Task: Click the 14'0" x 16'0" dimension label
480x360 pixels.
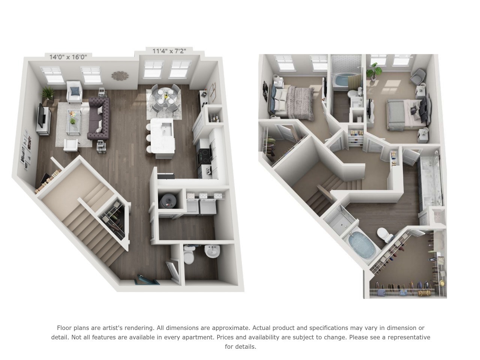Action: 68,57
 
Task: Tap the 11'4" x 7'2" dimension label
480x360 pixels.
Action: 169,51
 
